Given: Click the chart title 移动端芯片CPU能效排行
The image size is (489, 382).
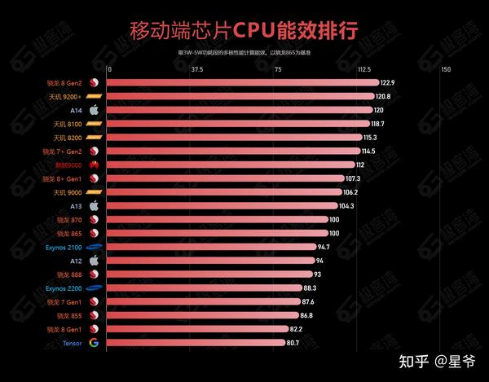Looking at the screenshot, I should coord(244,31).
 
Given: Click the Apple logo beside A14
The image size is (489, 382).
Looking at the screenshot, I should coord(94,110).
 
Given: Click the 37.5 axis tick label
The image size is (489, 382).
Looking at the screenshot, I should coord(196,69).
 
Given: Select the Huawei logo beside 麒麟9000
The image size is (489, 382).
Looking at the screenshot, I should coord(94,165).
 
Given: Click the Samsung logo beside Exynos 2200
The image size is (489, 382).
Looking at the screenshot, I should coord(94,288).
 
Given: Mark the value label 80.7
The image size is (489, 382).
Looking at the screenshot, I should coord(293,343).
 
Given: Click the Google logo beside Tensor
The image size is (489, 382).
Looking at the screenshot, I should coord(94,343).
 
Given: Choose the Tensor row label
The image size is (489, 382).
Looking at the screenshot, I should coord(69,343).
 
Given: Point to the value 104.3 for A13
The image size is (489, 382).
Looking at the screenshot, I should coord(346,206).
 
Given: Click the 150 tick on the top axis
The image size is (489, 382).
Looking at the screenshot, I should coord(445,69).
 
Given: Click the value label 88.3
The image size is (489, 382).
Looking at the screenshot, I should coord(310,288).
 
